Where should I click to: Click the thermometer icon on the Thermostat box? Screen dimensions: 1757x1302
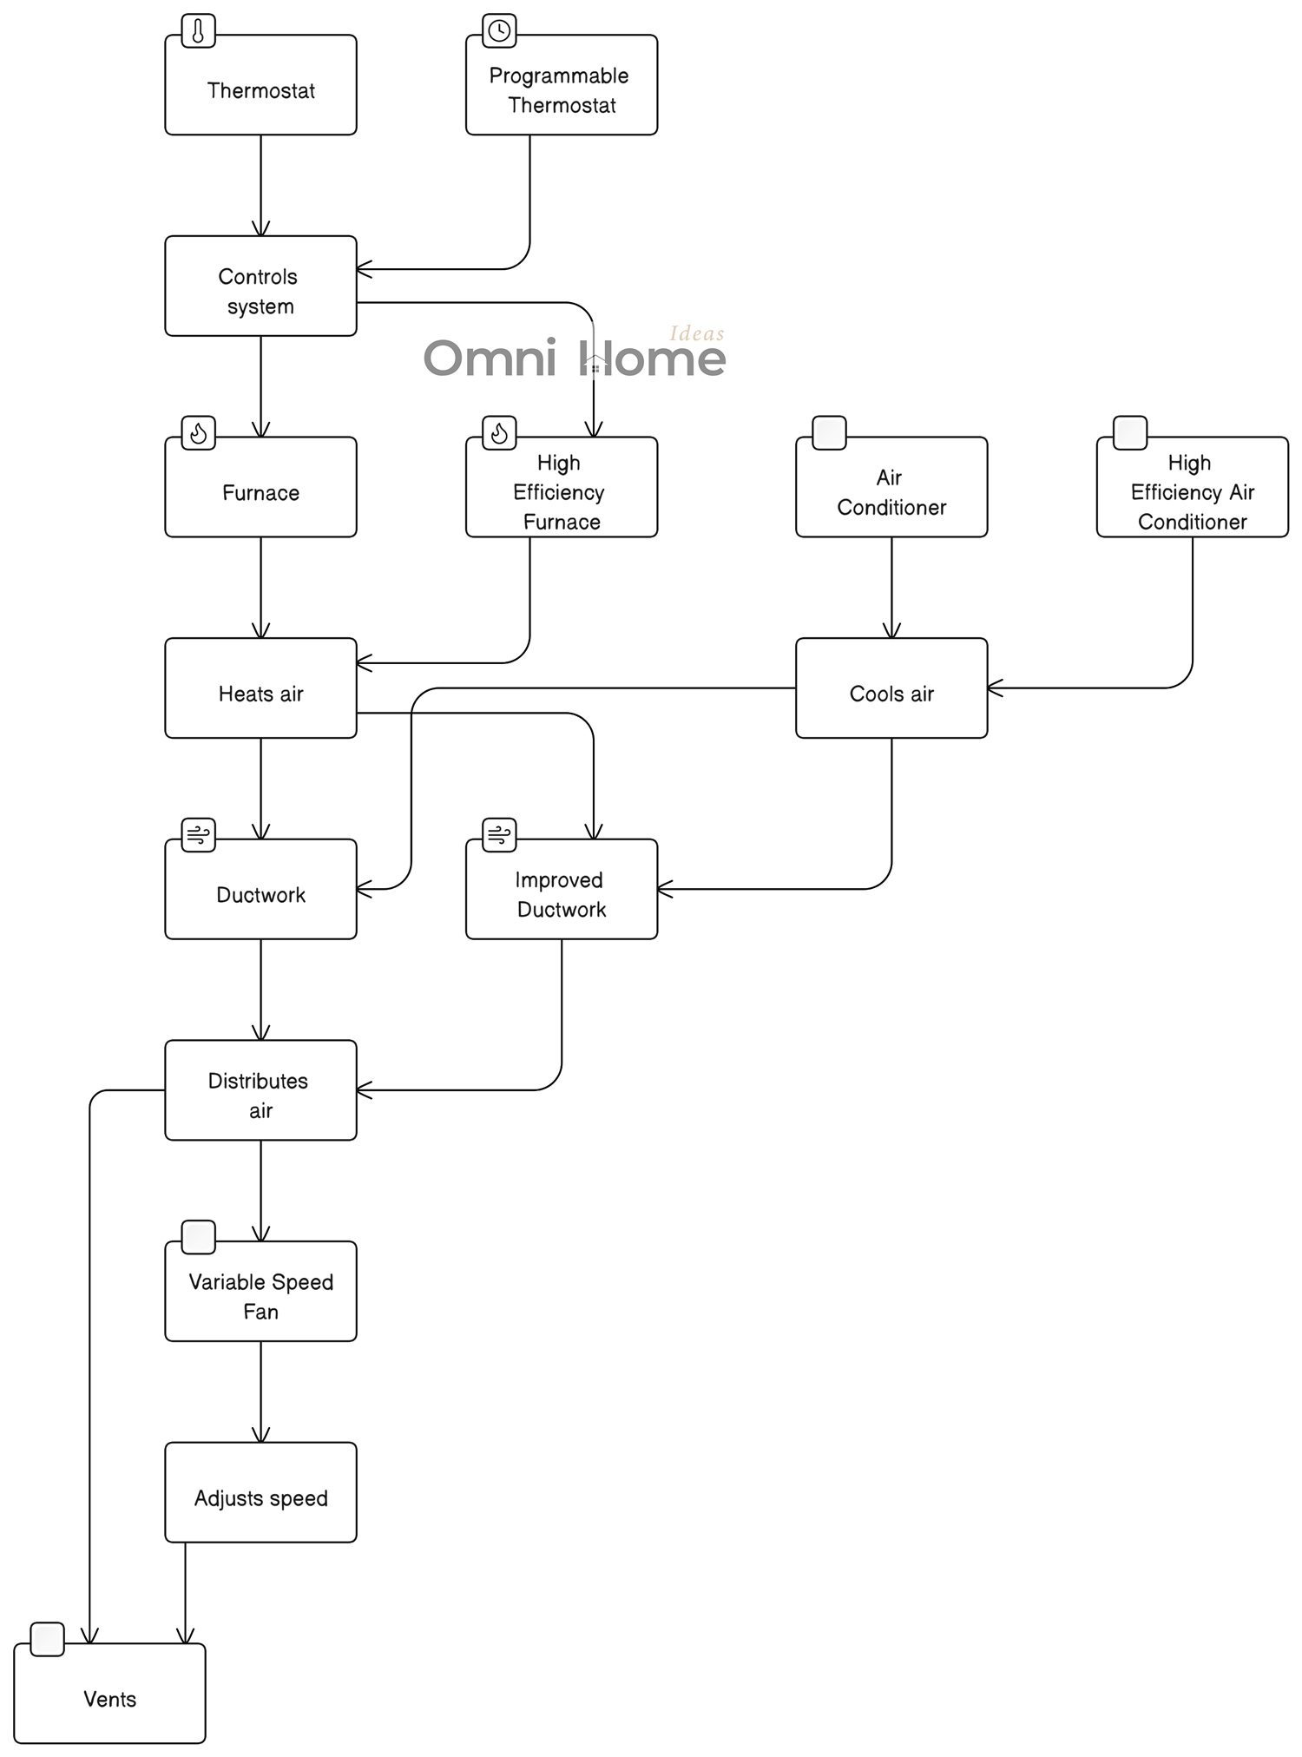click(x=198, y=32)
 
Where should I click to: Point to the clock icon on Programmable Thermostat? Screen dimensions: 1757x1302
click(x=499, y=31)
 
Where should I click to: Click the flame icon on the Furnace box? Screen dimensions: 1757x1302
click(x=198, y=432)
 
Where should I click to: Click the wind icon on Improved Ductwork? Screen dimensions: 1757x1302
click(x=499, y=835)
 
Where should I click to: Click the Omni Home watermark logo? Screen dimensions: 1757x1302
click(x=574, y=355)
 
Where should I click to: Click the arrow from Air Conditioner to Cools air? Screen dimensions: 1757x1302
click(x=891, y=588)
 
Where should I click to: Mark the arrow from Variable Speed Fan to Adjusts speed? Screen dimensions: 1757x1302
click(x=260, y=1392)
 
